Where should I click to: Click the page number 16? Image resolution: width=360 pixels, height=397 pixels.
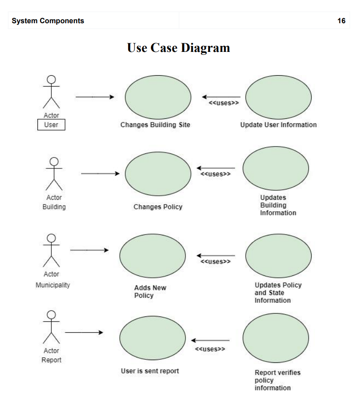pyautogui.click(x=341, y=21)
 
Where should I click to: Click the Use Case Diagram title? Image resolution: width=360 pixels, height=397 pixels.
pyautogui.click(x=179, y=47)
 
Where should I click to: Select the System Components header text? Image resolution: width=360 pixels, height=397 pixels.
pyautogui.click(x=48, y=21)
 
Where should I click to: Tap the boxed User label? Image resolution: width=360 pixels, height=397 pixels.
pyautogui.click(x=51, y=124)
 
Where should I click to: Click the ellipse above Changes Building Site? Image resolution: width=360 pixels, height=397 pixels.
pyautogui.click(x=158, y=97)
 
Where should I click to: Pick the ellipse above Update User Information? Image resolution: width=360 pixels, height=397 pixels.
pyautogui.click(x=278, y=97)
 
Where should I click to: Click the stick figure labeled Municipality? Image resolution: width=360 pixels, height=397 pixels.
pyautogui.click(x=51, y=250)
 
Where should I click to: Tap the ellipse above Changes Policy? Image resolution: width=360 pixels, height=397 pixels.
pyautogui.click(x=158, y=173)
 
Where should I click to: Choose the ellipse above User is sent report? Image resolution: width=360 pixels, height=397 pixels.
pyautogui.click(x=152, y=337)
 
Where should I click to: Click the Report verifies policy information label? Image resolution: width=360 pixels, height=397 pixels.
pyautogui.click(x=277, y=380)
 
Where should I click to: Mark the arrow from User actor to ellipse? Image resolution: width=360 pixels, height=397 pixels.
pyautogui.click(x=95, y=97)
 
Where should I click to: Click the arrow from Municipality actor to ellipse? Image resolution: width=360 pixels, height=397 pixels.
pyautogui.click(x=89, y=250)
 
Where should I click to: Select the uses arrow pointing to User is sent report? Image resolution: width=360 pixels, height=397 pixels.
pyautogui.click(x=210, y=340)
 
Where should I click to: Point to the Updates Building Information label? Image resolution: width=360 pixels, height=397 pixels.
pyautogui.click(x=278, y=205)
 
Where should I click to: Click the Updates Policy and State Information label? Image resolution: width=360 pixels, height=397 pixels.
pyautogui.click(x=278, y=292)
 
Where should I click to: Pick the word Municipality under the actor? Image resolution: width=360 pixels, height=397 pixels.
pyautogui.click(x=53, y=285)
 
